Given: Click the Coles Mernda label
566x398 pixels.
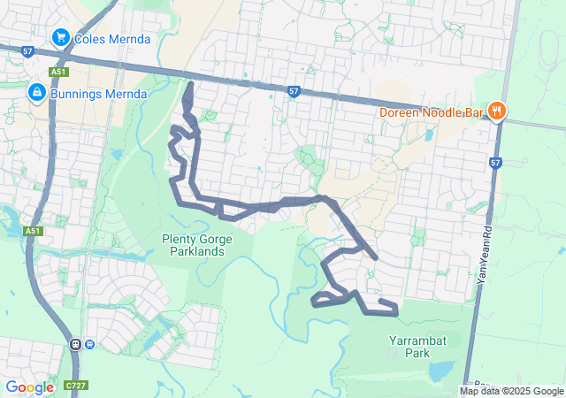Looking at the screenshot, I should (x=112, y=39).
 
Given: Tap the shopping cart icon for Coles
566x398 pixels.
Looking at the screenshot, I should (x=61, y=37).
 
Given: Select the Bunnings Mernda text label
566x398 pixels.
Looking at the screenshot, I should (x=97, y=93).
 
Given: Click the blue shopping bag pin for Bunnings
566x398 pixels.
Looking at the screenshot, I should (x=36, y=92).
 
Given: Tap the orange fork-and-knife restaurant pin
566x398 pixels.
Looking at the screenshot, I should (x=498, y=111).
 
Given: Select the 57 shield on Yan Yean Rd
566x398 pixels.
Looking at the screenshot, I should (x=495, y=163).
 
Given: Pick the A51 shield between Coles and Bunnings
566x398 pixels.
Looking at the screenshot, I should (x=58, y=72).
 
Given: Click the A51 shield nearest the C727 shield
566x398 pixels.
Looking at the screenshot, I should (x=33, y=231).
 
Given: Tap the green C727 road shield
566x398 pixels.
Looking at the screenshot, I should (x=75, y=386).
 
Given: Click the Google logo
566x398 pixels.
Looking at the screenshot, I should (x=29, y=387).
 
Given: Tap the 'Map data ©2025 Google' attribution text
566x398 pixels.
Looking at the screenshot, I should (x=511, y=391).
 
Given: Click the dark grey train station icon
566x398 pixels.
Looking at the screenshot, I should (x=75, y=344).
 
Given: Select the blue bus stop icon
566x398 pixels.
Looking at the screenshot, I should (x=89, y=344).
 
